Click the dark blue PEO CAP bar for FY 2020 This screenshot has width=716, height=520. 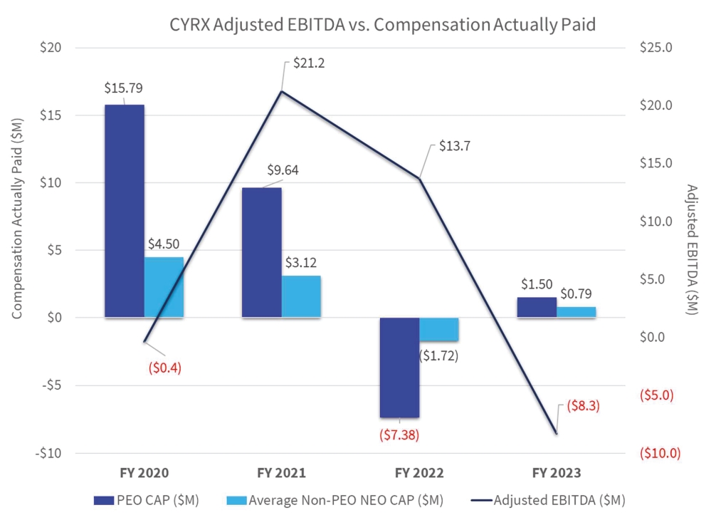coord(124,211)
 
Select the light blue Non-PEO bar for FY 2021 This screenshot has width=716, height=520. coord(300,296)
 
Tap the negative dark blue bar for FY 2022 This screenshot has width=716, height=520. coord(399,368)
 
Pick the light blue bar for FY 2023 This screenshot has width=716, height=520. coord(576,312)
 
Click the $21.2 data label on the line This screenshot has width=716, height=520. coord(309,63)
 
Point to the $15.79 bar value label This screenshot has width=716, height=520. coord(125,89)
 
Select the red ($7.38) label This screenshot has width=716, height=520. coord(399,434)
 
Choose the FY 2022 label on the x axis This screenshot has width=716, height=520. coord(418,473)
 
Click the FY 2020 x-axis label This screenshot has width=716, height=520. coord(144,473)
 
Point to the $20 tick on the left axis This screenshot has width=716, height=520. coord(51,48)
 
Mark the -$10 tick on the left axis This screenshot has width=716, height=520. coord(48,453)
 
